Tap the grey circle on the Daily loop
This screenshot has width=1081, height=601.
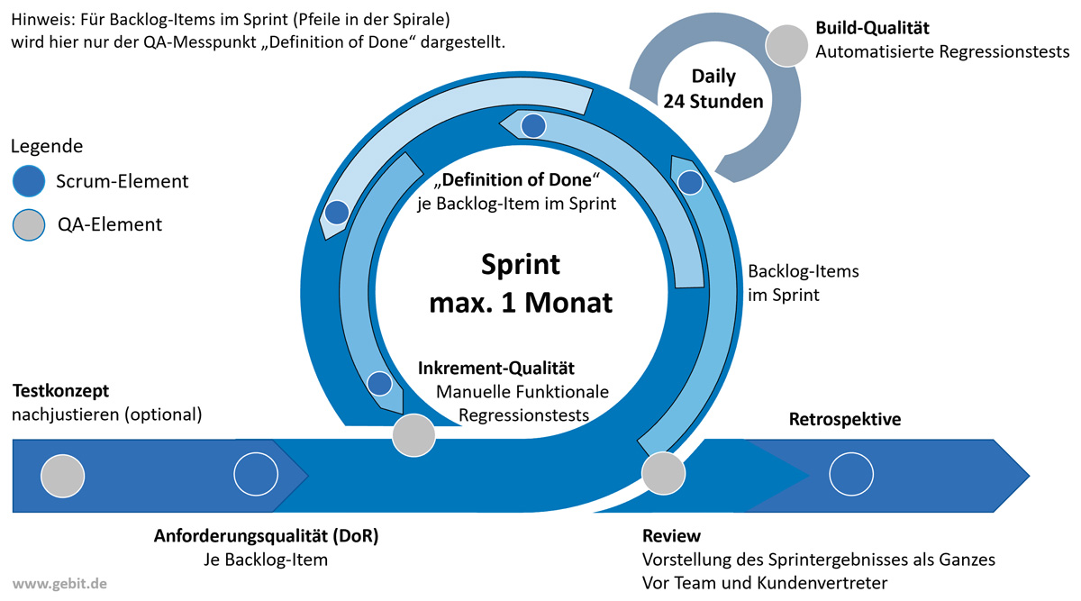786,45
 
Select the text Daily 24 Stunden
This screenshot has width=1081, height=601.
713,88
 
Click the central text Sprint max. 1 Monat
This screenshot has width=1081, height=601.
520,283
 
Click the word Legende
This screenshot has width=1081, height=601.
47,146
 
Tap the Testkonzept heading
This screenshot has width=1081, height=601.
60,391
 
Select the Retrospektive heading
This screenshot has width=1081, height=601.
845,419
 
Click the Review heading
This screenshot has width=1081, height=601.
671,536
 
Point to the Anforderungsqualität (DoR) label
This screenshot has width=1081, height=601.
267,536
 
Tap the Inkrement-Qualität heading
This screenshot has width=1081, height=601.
496,368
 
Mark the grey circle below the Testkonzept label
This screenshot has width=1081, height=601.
63,475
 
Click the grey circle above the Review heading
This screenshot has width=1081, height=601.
663,472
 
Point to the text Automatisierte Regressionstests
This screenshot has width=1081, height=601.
942,52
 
